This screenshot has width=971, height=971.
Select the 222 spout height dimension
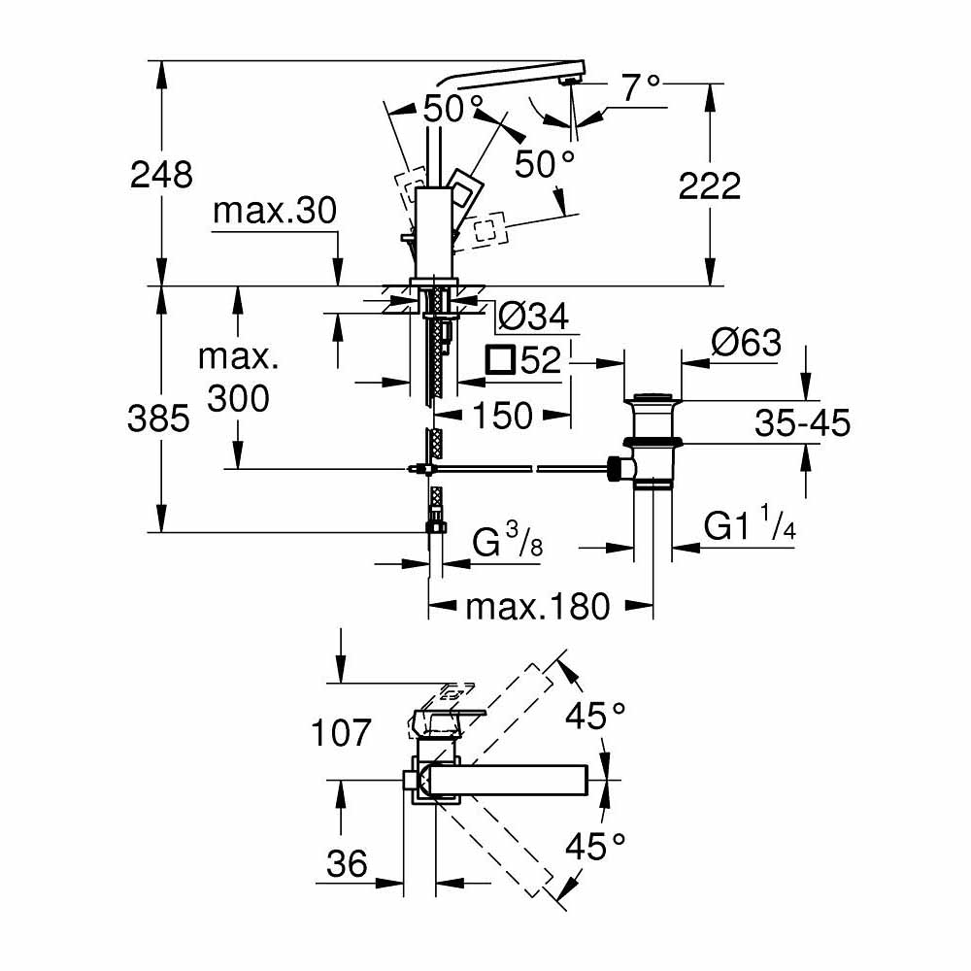click(x=710, y=185)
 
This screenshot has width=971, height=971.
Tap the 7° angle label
click(x=640, y=88)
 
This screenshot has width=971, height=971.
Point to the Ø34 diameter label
click(x=531, y=316)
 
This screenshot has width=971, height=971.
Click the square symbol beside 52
click(x=500, y=361)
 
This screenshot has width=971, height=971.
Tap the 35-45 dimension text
click(x=803, y=422)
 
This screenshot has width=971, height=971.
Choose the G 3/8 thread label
click(x=506, y=545)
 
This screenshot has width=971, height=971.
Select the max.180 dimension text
click(x=538, y=608)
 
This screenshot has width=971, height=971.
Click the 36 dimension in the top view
click(x=344, y=862)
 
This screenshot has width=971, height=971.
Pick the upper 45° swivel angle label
click(x=595, y=718)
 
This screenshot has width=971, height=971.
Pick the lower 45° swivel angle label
click(x=595, y=846)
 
